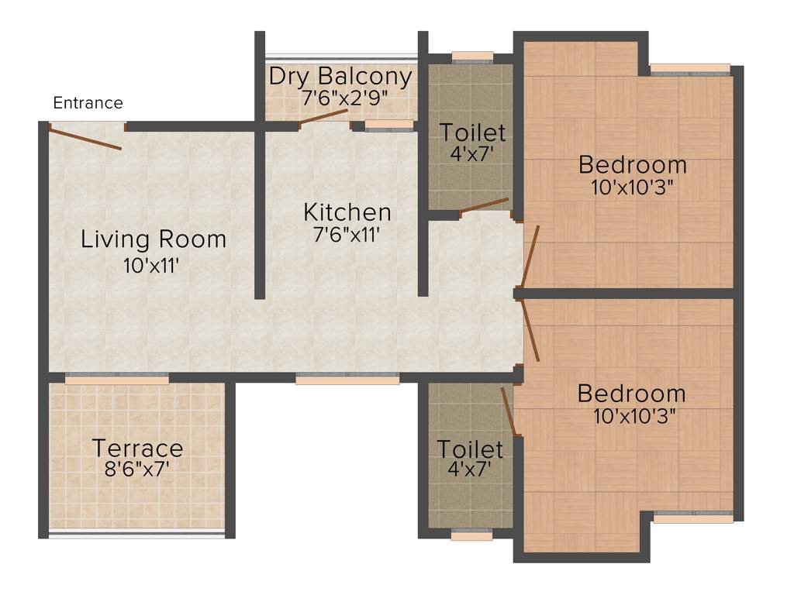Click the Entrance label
88,102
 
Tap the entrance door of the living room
85,137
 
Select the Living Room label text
154,239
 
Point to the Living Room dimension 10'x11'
152,266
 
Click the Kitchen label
347,212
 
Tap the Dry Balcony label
340,77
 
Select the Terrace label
137,448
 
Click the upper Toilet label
472,132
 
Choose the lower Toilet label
469,449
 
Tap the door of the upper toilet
485,205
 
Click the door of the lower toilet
509,411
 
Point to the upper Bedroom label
632,164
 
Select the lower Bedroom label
631,393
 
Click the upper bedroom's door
530,256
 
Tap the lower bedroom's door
531,331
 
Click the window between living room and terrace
117,379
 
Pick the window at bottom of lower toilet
471,535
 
